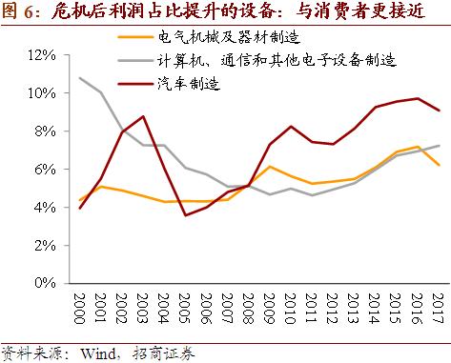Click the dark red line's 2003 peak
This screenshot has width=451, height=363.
pyautogui.click(x=142, y=116)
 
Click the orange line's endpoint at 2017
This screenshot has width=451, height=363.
pyautogui.click(x=438, y=165)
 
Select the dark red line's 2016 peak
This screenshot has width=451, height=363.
pyautogui.click(x=416, y=98)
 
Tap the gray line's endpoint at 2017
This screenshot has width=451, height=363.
pyautogui.click(x=438, y=146)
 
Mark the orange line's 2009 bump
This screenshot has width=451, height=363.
pyautogui.click(x=271, y=167)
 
